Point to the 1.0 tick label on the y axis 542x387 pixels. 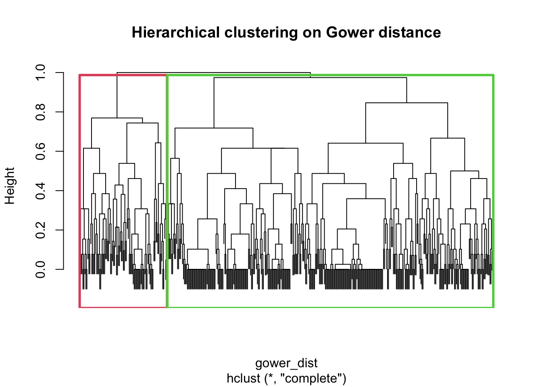point(41,73)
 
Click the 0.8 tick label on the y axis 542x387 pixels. point(41,112)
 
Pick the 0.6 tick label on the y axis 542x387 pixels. point(41,151)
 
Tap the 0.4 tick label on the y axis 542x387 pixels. point(41,191)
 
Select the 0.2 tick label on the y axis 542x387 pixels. point(41,230)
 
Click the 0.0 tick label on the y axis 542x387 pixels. point(41,269)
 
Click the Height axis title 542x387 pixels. point(10,186)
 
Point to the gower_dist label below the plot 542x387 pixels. point(286,363)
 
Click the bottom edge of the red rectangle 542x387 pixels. point(123,307)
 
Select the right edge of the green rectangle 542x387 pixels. point(493,189)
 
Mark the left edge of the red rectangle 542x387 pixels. point(80,189)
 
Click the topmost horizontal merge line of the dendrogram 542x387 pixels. point(214,73)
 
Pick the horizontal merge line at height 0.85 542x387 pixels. point(406,103)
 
